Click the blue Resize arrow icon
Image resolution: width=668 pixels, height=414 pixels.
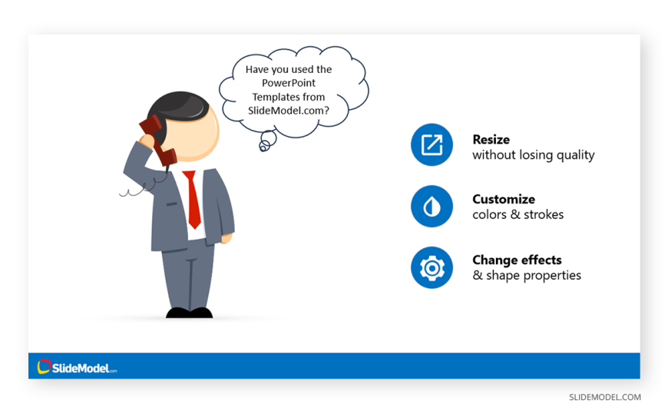(x=432, y=144)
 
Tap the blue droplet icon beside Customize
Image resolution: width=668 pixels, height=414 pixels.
(x=432, y=207)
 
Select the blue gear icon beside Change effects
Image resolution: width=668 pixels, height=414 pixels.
(x=432, y=268)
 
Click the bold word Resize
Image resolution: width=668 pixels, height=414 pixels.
(x=491, y=140)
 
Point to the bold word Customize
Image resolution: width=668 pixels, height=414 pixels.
(x=504, y=199)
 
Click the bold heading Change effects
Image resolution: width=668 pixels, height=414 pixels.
(x=517, y=260)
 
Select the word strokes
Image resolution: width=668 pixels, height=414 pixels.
(x=544, y=214)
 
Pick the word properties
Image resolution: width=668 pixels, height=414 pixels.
(x=552, y=276)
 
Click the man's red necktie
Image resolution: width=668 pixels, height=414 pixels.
(x=193, y=199)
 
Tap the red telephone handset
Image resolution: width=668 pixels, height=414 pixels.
(x=157, y=141)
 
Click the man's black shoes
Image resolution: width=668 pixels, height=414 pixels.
(x=189, y=313)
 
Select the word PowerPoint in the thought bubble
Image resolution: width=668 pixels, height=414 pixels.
(x=289, y=83)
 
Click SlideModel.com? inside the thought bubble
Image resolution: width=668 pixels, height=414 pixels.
(x=289, y=111)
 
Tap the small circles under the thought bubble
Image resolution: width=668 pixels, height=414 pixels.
(x=267, y=141)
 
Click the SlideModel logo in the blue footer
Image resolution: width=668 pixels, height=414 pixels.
(x=77, y=366)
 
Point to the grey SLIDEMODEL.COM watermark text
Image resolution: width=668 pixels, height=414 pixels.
(x=605, y=397)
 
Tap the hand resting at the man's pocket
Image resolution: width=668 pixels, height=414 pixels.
(x=227, y=238)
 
